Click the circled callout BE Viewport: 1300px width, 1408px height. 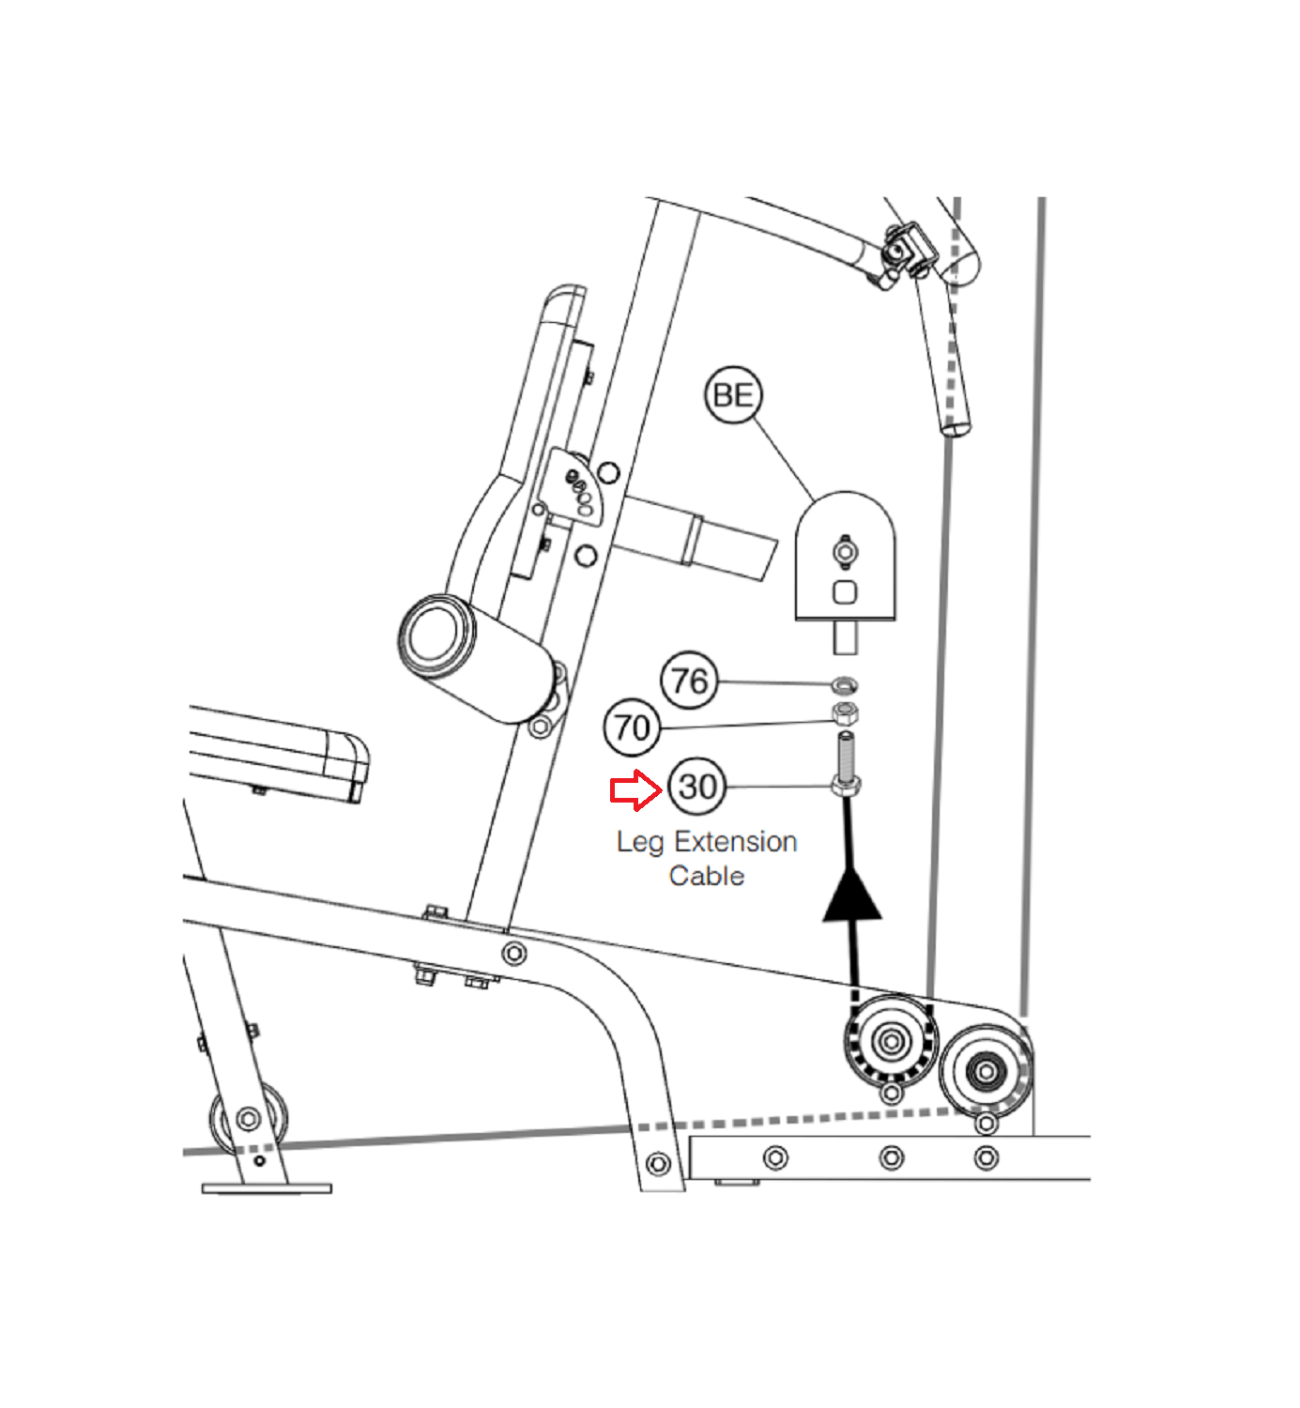click(x=732, y=394)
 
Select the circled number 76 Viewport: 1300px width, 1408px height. click(x=689, y=680)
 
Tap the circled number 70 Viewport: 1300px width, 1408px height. click(x=632, y=727)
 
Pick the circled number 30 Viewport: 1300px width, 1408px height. click(x=697, y=786)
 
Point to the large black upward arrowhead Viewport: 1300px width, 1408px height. click(x=852, y=896)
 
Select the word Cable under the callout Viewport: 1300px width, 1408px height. click(x=707, y=876)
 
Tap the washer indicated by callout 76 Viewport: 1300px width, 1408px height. click(x=845, y=682)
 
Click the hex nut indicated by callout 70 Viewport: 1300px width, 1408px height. click(x=845, y=713)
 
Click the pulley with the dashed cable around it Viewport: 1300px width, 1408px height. click(x=890, y=1040)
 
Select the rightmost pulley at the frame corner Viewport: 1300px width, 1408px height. click(x=985, y=1070)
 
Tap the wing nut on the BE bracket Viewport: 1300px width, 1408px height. click(x=845, y=552)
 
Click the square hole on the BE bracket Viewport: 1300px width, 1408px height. click(x=845, y=592)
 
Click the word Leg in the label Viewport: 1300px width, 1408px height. click(x=639, y=842)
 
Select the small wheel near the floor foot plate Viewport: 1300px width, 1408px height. click(x=248, y=1119)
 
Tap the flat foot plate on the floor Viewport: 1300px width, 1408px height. click(x=267, y=1188)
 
